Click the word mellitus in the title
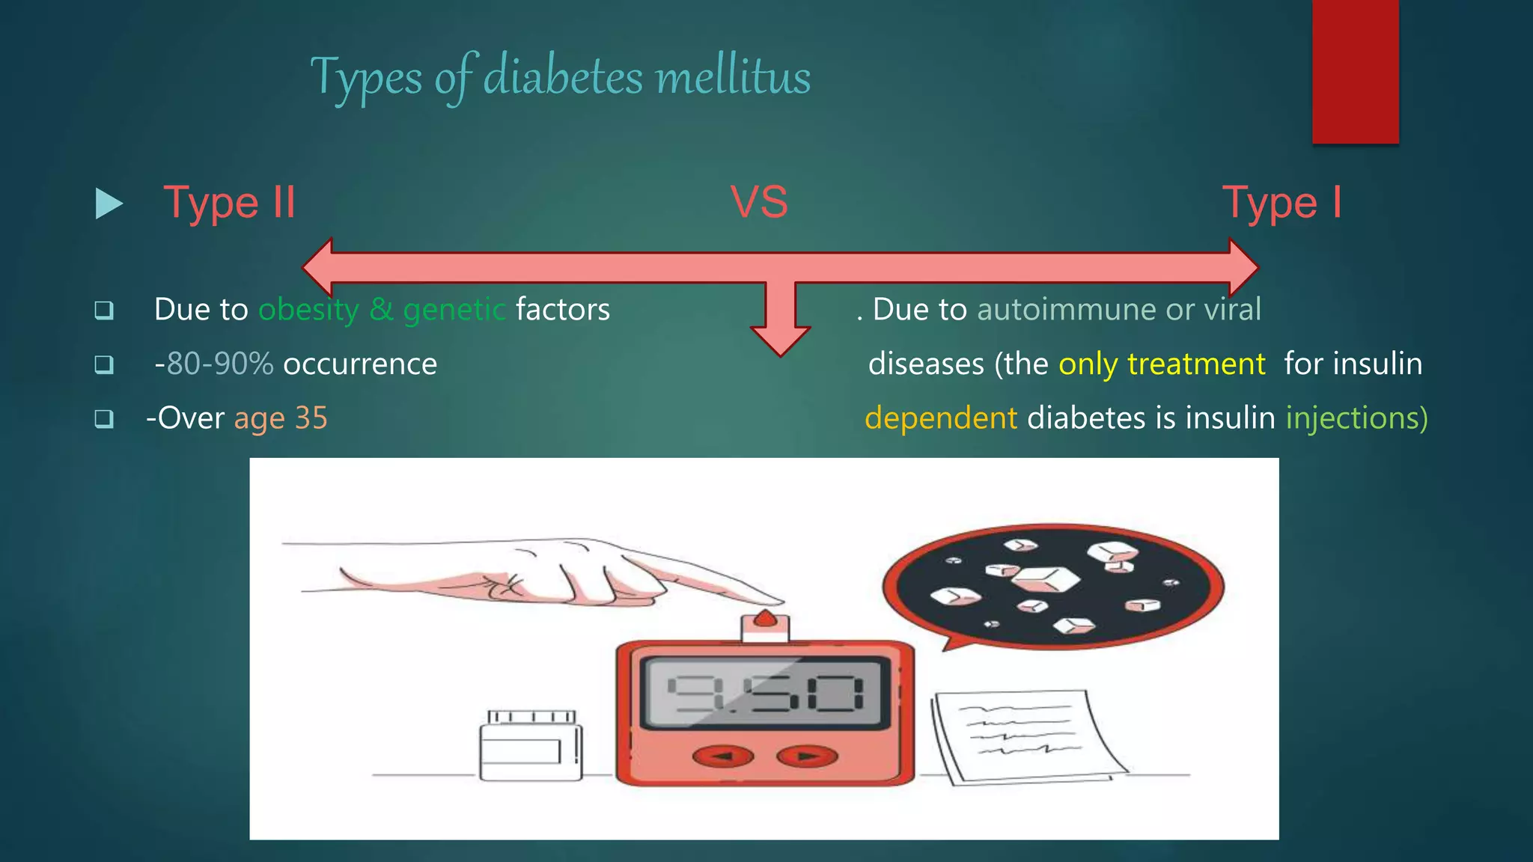tap(732, 77)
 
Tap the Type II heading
tap(229, 203)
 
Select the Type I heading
tap(1281, 203)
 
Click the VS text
tap(759, 203)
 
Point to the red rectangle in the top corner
tap(1355, 71)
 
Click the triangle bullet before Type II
tap(109, 204)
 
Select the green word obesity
tap(308, 310)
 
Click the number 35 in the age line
tap(311, 418)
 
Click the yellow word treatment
tap(1195, 364)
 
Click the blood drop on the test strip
tap(765, 619)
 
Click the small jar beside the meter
tap(531, 746)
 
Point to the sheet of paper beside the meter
tap(1025, 737)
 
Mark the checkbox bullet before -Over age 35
tap(104, 418)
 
